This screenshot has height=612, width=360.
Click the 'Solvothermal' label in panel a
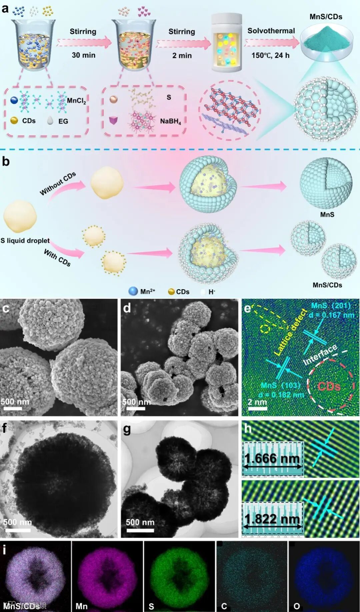click(x=271, y=31)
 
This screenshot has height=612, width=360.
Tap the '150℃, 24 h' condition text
click(x=270, y=55)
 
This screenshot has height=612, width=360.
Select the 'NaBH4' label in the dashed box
click(x=170, y=121)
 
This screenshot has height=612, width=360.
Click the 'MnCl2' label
click(x=76, y=101)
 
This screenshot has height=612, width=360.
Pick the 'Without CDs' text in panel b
click(x=58, y=183)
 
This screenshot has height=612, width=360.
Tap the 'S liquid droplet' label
click(x=25, y=240)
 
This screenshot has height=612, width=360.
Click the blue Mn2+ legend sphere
click(x=133, y=291)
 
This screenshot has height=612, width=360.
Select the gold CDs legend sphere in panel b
click(x=171, y=292)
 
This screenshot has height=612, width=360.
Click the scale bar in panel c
click(x=14, y=408)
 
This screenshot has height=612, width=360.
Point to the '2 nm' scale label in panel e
click(x=257, y=402)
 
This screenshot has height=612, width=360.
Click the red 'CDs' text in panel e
click(x=329, y=386)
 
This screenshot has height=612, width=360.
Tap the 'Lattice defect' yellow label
click(x=290, y=332)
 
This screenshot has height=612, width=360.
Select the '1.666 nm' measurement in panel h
click(x=272, y=459)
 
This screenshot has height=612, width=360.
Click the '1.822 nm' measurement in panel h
click(x=272, y=519)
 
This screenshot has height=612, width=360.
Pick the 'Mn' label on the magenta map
click(x=81, y=606)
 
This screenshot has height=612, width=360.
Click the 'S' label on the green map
click(x=151, y=606)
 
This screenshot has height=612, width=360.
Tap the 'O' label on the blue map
click(x=296, y=606)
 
